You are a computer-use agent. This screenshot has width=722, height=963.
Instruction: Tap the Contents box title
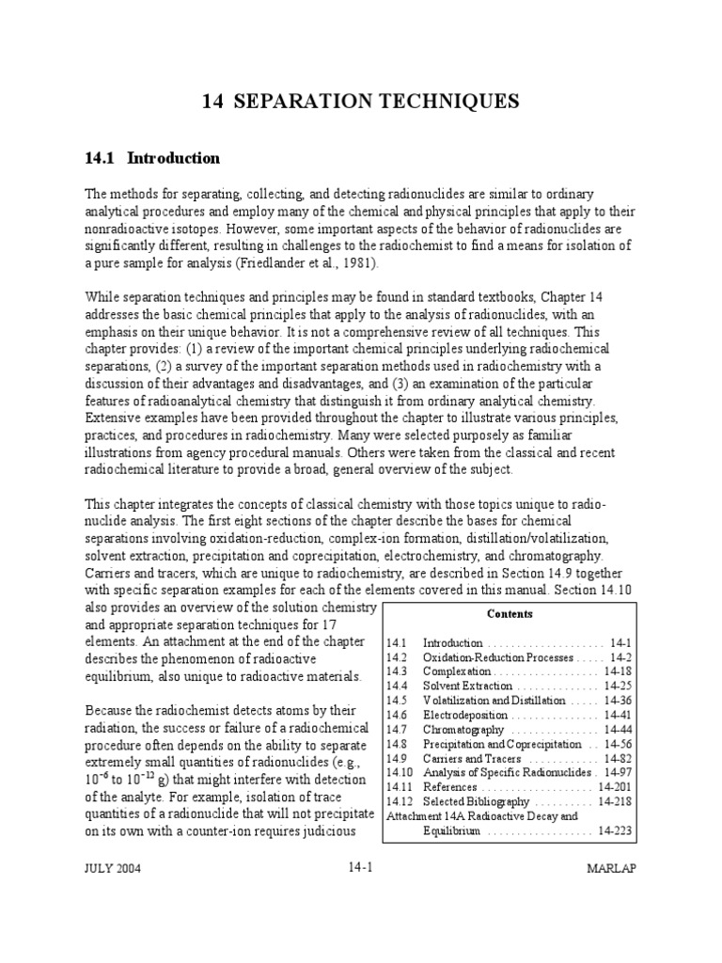510,614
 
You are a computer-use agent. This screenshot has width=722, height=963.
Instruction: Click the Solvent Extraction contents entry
466,687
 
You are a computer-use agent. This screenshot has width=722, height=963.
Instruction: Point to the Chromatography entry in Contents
463,730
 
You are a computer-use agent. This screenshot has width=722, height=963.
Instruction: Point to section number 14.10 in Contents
400,773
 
